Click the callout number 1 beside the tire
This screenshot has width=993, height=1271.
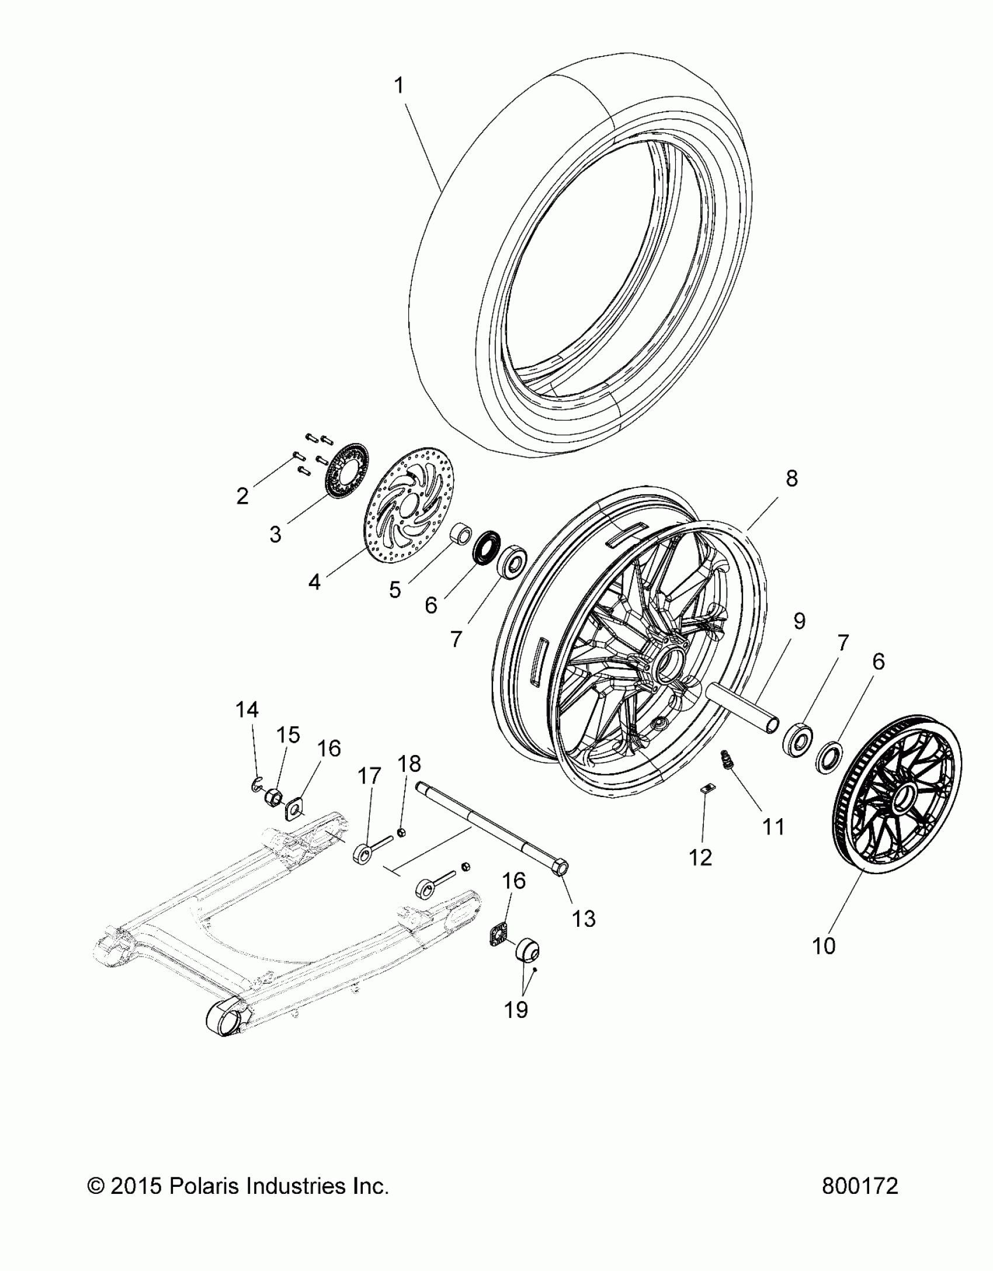click(399, 86)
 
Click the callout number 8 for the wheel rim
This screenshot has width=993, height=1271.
click(791, 479)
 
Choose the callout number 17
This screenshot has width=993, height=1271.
click(369, 777)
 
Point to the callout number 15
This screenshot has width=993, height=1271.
click(289, 735)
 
